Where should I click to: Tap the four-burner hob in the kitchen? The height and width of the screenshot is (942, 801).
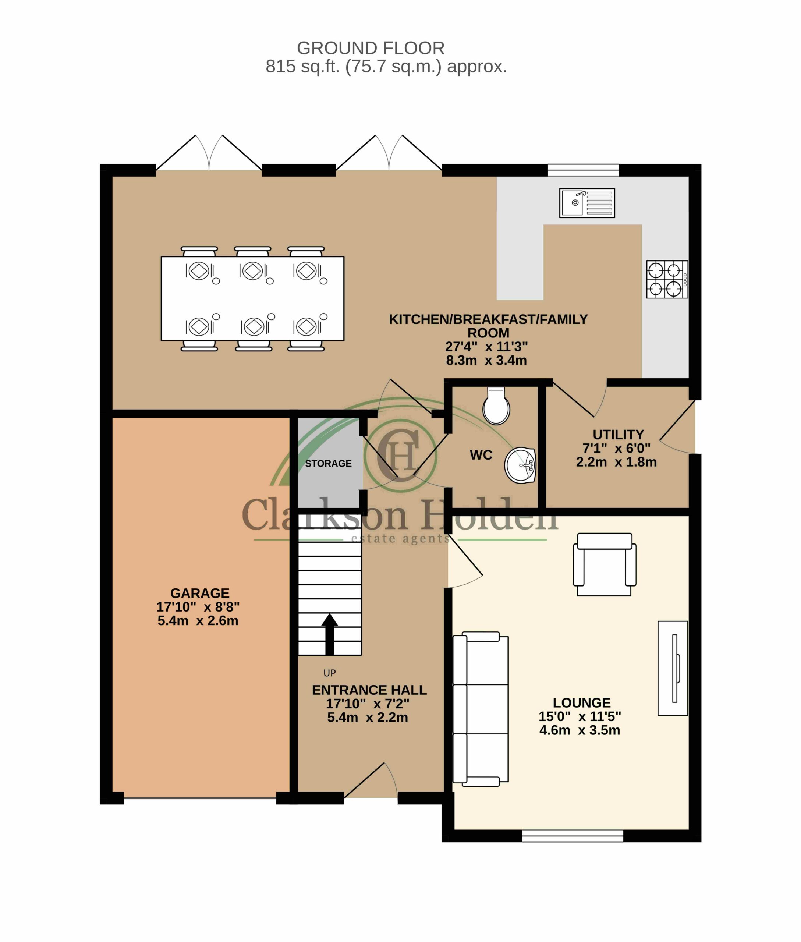point(667,279)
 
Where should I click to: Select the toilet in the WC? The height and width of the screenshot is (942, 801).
point(496,406)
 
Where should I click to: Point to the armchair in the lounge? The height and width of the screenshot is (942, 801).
point(605,564)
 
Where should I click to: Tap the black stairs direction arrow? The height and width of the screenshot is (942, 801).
point(330,634)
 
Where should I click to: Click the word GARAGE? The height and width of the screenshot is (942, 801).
point(200,593)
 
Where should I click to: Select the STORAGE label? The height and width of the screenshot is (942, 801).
point(328,464)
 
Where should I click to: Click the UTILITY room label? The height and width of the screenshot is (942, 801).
point(618,435)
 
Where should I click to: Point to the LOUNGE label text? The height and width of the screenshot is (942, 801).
point(582,703)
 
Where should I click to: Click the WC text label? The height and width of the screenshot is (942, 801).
point(481,455)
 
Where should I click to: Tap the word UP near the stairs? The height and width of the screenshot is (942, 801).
point(330,673)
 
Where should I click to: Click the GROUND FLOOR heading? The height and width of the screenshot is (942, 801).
point(371,48)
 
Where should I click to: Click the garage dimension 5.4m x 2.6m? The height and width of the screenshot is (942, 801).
point(198,621)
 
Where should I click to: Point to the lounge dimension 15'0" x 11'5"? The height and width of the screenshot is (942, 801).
point(580,717)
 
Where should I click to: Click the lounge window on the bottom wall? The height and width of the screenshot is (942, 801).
point(573,836)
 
